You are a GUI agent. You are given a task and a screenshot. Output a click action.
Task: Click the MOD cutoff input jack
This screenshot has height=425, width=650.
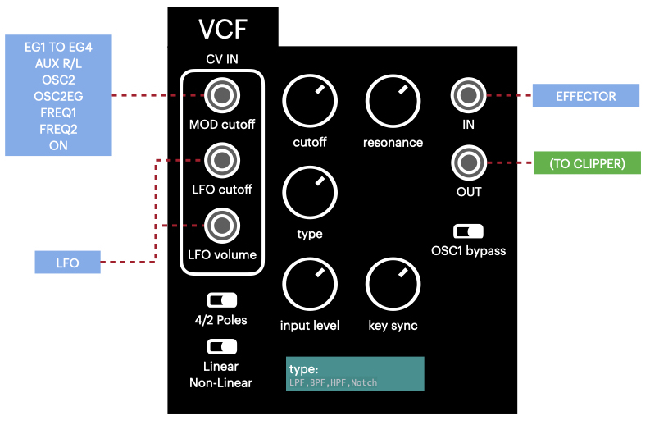[221, 97]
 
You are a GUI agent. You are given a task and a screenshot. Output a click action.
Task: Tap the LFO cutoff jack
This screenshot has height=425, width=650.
[221, 161]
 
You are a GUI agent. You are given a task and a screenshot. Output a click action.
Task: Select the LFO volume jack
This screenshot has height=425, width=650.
[221, 224]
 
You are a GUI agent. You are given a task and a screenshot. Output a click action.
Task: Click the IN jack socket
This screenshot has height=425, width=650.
[468, 96]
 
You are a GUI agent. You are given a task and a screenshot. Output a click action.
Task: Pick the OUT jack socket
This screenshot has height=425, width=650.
[468, 162]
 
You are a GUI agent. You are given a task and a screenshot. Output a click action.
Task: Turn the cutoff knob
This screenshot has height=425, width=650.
[309, 102]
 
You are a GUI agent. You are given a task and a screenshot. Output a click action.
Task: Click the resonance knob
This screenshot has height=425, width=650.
[393, 102]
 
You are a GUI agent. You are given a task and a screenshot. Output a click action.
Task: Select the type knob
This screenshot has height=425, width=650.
[309, 193]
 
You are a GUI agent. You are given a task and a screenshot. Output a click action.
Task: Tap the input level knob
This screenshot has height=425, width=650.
[309, 285]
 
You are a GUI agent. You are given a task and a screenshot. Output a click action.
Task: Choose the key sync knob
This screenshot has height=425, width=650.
[393, 285]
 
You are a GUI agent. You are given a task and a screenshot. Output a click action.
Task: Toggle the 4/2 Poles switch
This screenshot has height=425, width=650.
[221, 300]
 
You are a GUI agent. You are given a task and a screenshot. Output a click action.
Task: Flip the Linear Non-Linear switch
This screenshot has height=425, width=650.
[221, 346]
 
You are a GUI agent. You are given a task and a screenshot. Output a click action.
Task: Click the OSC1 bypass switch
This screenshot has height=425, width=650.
[468, 231]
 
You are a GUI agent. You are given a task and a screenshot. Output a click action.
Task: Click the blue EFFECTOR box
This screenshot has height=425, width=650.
[585, 96]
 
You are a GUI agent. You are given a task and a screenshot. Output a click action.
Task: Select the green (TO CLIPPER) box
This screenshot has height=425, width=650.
[585, 163]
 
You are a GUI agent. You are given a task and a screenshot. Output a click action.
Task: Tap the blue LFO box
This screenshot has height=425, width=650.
[67, 263]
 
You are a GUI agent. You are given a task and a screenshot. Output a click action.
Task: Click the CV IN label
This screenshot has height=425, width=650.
[221, 58]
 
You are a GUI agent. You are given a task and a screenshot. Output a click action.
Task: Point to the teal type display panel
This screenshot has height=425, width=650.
[355, 373]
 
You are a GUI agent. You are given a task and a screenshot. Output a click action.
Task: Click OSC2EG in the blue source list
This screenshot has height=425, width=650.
[58, 96]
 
